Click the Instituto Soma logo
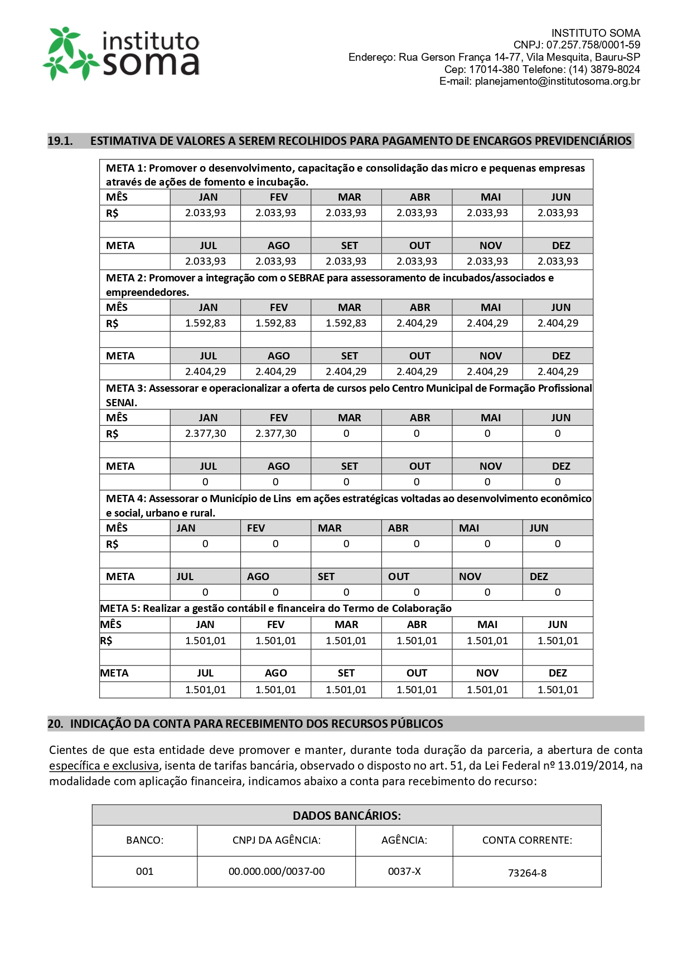(122, 53)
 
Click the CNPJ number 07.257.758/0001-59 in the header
(593, 45)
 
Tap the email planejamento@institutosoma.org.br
(557, 81)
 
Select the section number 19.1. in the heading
(60, 141)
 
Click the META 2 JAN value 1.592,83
(205, 323)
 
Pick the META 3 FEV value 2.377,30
(275, 434)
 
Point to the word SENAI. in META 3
(122, 402)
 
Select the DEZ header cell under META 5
(558, 673)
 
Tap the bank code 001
(144, 872)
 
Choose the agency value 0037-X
(404, 872)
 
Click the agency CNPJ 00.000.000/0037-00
(277, 872)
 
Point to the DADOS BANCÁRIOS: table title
(346, 816)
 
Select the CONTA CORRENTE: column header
(527, 840)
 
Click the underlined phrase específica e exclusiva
(104, 766)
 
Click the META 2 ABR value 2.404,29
(417, 323)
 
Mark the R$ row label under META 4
(112, 544)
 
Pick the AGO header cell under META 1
(278, 246)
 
